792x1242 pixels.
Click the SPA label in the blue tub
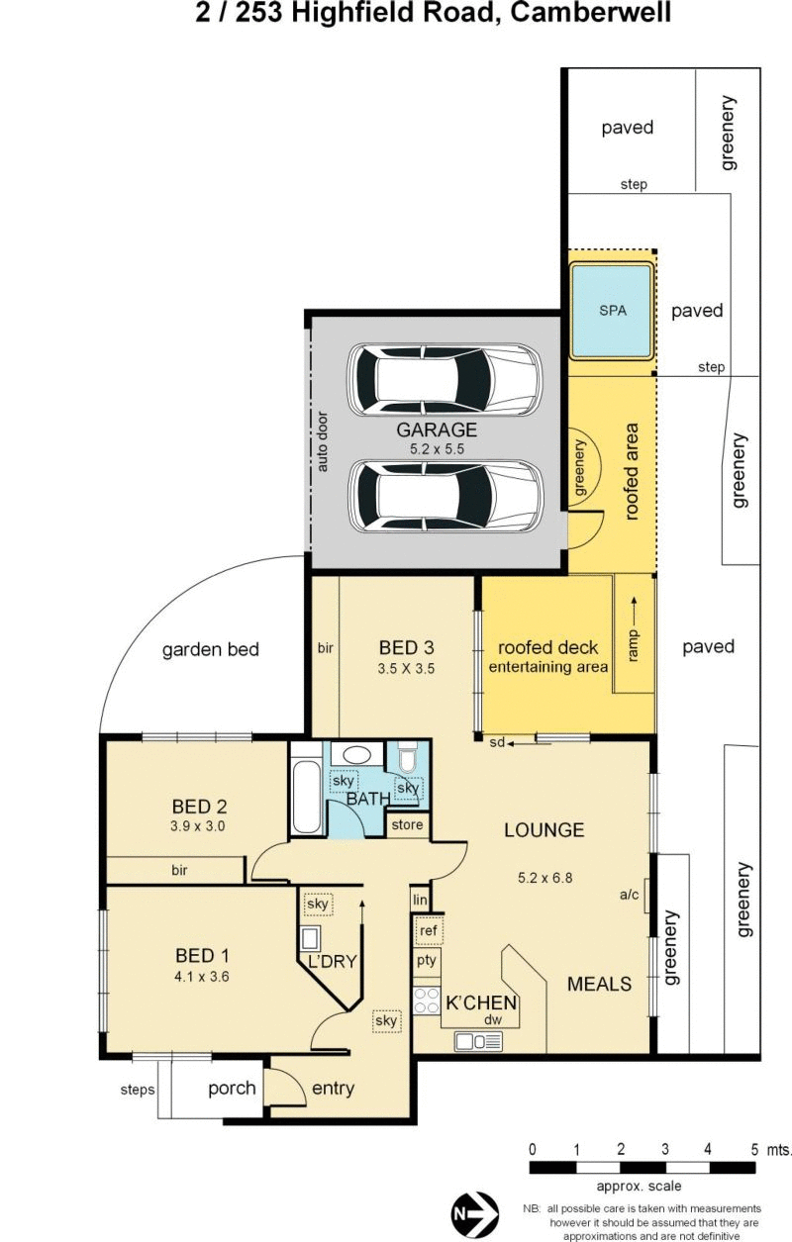[x=612, y=311]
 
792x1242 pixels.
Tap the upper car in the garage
[x=445, y=379]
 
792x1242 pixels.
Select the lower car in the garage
[x=445, y=496]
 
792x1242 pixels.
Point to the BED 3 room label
[x=407, y=647]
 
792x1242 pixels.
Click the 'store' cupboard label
[x=407, y=825]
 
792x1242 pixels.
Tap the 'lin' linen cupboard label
[x=420, y=900]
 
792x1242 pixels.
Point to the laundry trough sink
[x=310, y=938]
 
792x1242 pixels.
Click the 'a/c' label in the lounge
[x=630, y=895]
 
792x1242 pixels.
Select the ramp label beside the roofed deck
[x=633, y=646]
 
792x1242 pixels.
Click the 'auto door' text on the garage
[x=322, y=441]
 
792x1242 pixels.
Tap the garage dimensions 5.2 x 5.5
[x=437, y=449]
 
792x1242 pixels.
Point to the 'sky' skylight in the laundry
[x=318, y=905]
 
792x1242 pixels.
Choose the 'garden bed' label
[x=211, y=649]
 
